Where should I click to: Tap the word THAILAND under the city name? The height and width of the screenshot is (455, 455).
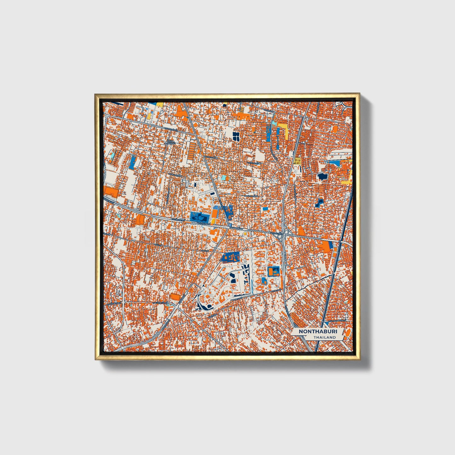(325, 337)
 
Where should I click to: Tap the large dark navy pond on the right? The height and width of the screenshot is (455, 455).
(322, 176)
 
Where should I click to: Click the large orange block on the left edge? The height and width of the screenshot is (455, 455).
(111, 191)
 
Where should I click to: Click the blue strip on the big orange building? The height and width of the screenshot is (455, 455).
(330, 246)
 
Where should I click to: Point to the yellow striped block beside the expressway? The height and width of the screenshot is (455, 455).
(297, 160)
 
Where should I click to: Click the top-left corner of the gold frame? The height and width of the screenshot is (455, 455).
(95, 94)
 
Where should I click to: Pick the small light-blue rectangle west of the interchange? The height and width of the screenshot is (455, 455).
(265, 208)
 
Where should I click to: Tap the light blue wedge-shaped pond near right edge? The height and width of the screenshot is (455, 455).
(334, 163)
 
